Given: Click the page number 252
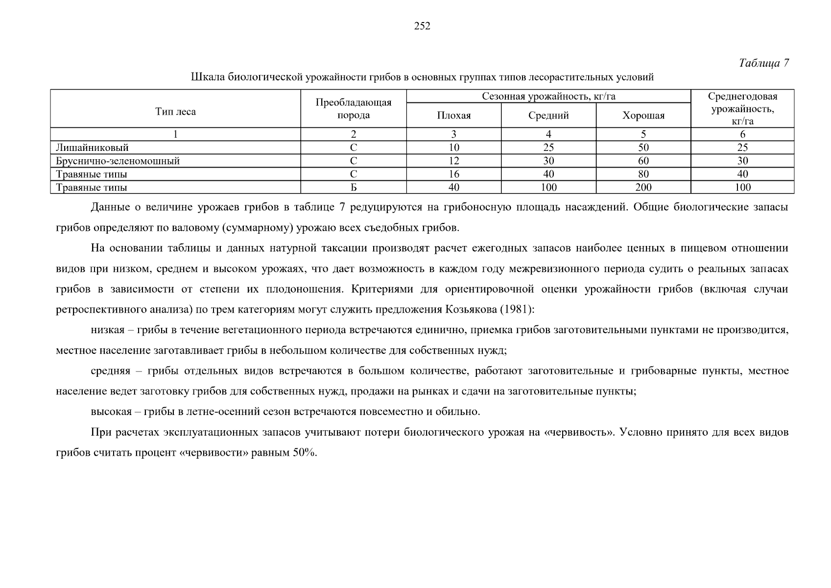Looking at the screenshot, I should (422, 26).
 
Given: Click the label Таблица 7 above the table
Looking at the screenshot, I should (763, 63).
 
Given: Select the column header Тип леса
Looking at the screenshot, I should (175, 112).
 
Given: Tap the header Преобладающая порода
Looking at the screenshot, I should (354, 109).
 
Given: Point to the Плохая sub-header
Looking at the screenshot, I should (454, 116).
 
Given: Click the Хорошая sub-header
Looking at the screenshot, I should (643, 116).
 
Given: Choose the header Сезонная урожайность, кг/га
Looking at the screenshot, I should (548, 97).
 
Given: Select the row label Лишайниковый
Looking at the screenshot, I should (92, 147).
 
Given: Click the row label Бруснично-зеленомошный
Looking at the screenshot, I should (118, 161).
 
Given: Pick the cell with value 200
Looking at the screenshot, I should (643, 187).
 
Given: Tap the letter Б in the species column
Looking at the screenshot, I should (354, 187).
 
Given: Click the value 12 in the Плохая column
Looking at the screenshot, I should (454, 161).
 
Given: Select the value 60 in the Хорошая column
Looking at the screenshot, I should (643, 161).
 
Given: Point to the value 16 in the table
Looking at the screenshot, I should (454, 174).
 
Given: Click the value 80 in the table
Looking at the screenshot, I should (643, 174).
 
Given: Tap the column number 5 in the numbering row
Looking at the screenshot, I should (643, 134).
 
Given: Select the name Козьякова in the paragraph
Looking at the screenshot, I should (468, 310).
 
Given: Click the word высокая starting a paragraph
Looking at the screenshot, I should (111, 412).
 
